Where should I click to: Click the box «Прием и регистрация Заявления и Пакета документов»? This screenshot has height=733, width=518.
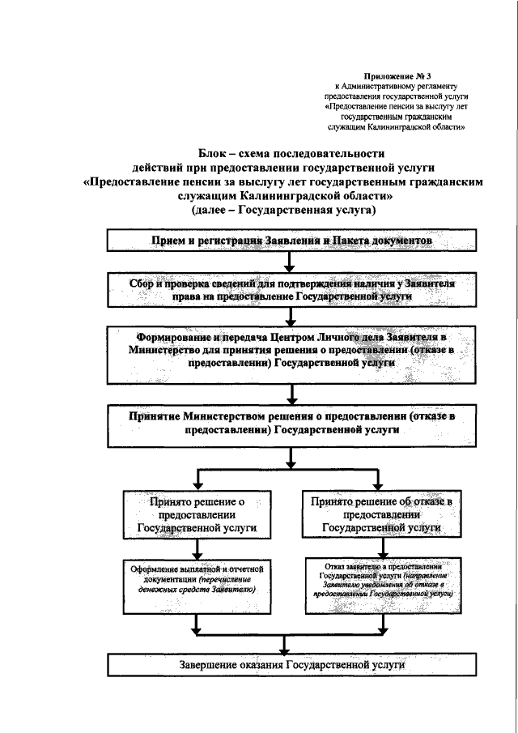(x=284, y=241)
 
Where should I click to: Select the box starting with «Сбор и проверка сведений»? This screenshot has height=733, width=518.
(x=284, y=292)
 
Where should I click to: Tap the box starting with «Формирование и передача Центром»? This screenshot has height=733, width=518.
(x=284, y=351)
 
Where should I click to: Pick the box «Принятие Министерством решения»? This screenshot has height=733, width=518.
(x=284, y=422)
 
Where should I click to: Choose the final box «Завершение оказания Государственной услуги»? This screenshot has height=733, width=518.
(x=284, y=665)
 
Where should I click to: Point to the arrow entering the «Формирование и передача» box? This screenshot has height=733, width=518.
(x=284, y=320)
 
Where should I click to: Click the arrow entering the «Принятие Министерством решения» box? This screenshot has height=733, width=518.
(x=284, y=397)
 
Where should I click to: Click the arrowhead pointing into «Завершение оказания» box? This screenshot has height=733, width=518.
(x=284, y=648)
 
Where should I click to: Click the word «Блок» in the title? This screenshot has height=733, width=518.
(x=214, y=154)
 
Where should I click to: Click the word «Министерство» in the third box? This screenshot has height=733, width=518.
(x=163, y=351)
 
